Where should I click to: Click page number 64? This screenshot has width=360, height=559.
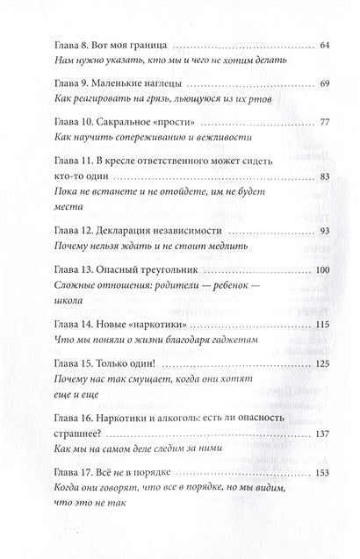pyautogui.click(x=322, y=44)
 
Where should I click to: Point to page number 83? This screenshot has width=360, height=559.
pyautogui.click(x=322, y=201)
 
